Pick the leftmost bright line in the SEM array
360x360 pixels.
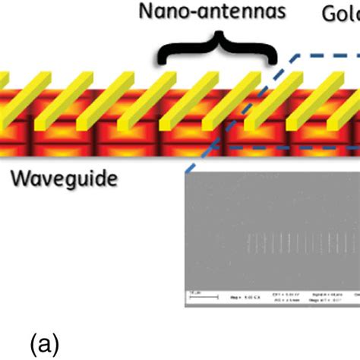point(248,244)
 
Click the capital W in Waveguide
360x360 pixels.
point(21,178)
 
